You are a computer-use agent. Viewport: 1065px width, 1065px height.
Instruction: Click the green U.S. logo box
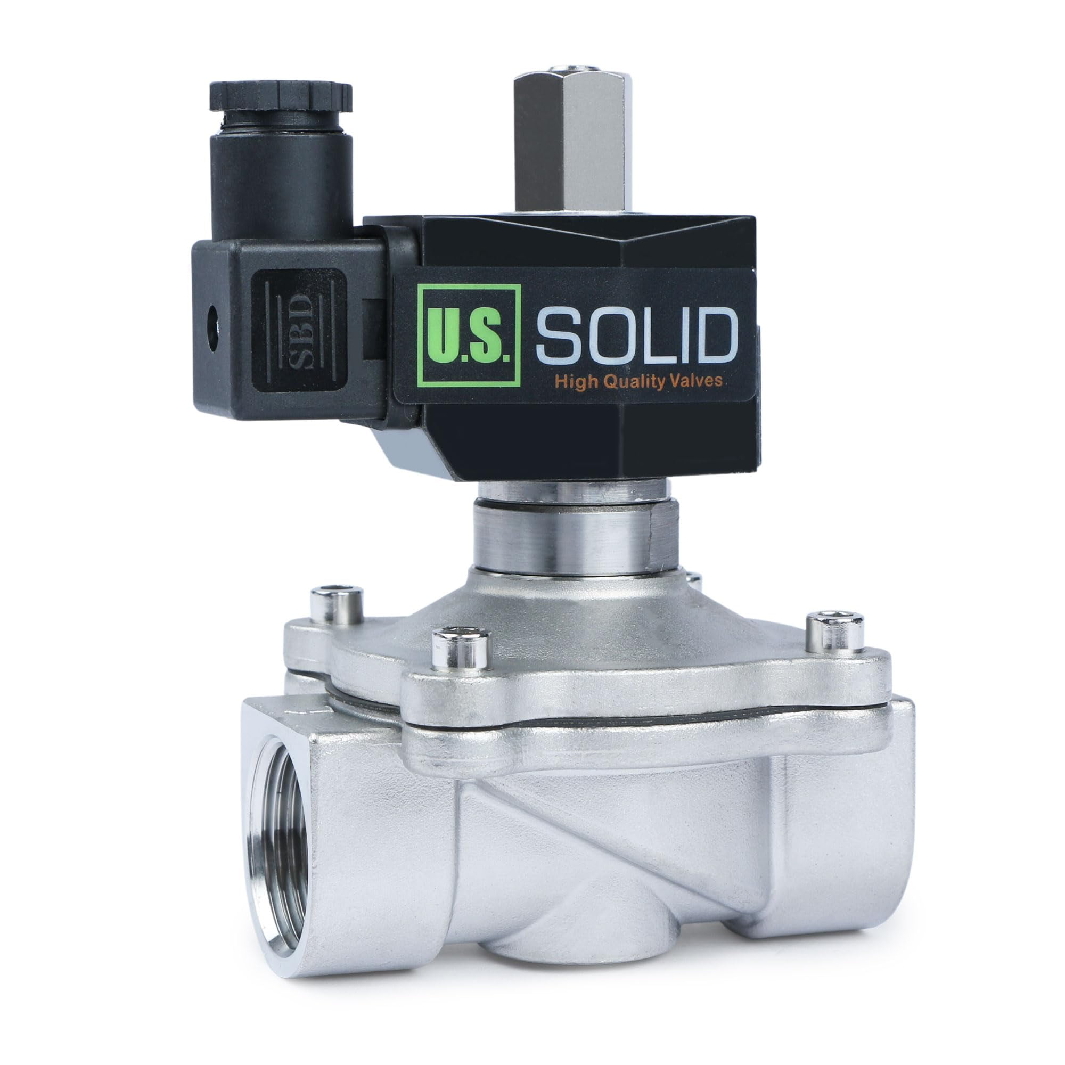[x=470, y=335]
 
